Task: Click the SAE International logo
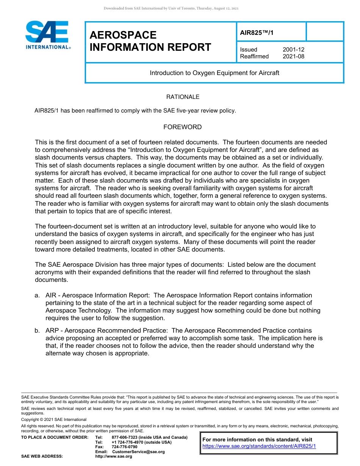coord(47,35)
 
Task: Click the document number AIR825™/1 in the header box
coord(257,33)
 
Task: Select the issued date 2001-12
coord(293,50)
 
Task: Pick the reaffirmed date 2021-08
coord(293,56)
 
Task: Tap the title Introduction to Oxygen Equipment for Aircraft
coord(214,73)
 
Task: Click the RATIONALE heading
coord(183,97)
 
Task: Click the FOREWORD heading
coord(182,127)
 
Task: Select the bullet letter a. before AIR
coord(37,296)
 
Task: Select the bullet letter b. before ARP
coord(37,331)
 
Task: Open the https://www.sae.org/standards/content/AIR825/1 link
coord(259,446)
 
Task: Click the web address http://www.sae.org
coord(113,457)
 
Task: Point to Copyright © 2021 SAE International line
coord(54,420)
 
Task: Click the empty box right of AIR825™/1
coord(324,31)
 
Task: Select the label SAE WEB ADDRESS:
coord(42,457)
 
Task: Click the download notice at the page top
coord(171,8)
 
